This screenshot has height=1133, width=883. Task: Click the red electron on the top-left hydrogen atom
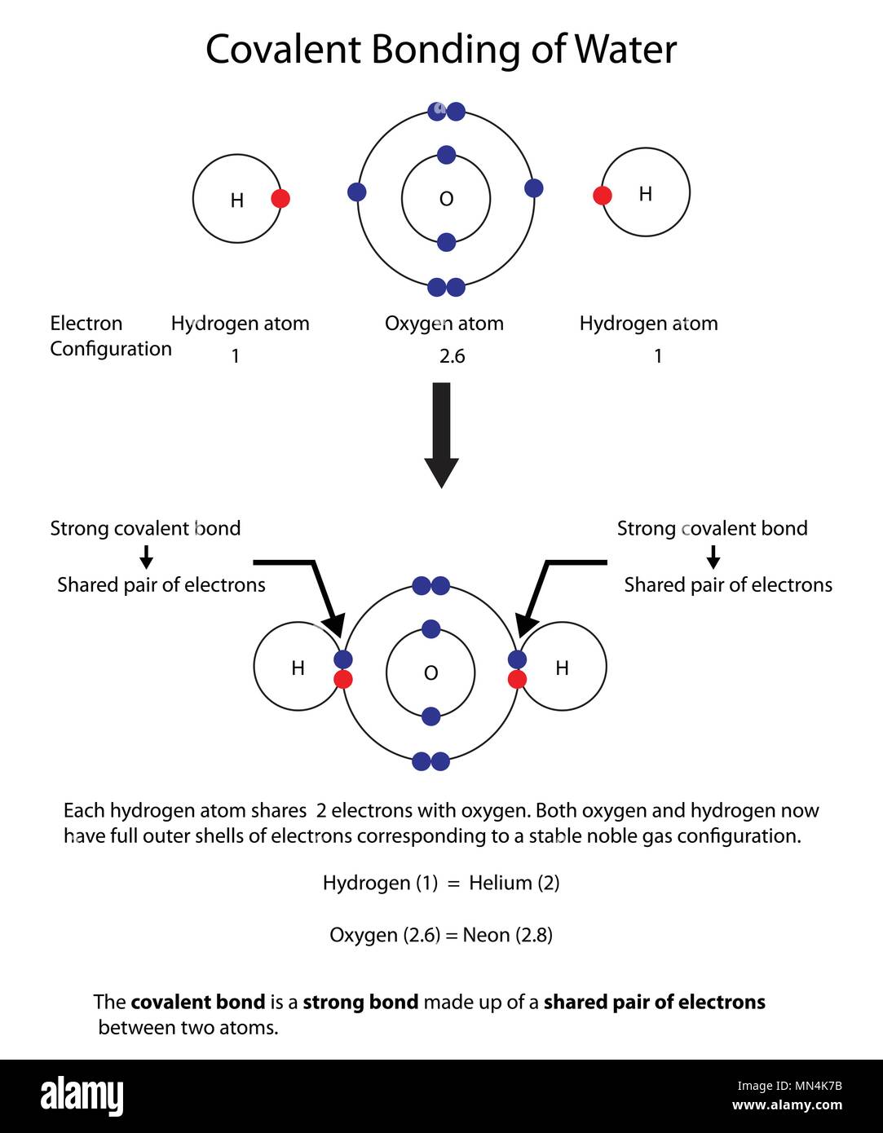280,198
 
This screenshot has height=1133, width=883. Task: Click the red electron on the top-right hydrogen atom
603,195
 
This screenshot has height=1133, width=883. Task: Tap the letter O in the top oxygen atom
446,199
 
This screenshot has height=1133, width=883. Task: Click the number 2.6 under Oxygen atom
452,356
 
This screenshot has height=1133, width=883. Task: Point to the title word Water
625,50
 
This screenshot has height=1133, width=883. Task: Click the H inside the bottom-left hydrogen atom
298,668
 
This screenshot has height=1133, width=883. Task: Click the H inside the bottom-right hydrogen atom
562,668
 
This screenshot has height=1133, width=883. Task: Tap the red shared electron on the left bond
343,679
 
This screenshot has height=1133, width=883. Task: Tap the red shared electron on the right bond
517,679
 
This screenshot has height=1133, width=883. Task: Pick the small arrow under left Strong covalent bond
146,557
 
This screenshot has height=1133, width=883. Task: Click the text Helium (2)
514,883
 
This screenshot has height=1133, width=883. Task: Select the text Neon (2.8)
507,935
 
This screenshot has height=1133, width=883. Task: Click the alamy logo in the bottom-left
82,1096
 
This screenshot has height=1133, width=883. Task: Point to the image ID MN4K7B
812,1086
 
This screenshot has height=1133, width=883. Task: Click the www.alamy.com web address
787,1105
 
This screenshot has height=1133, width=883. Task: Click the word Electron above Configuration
86,324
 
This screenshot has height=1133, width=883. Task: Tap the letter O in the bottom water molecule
431,673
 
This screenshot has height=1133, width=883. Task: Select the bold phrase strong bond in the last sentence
360,1002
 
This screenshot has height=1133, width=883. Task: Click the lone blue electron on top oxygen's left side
356,192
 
